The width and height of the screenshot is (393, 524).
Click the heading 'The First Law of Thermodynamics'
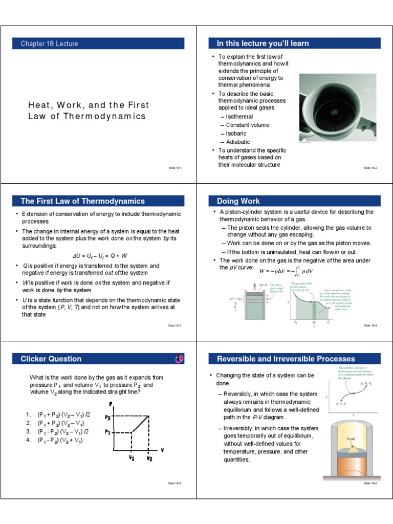coord(82,201)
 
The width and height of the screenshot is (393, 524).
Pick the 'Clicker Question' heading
coord(51,359)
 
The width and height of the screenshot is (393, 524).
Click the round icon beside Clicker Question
coord(179,359)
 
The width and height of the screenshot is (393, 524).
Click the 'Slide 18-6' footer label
coord(370,483)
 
